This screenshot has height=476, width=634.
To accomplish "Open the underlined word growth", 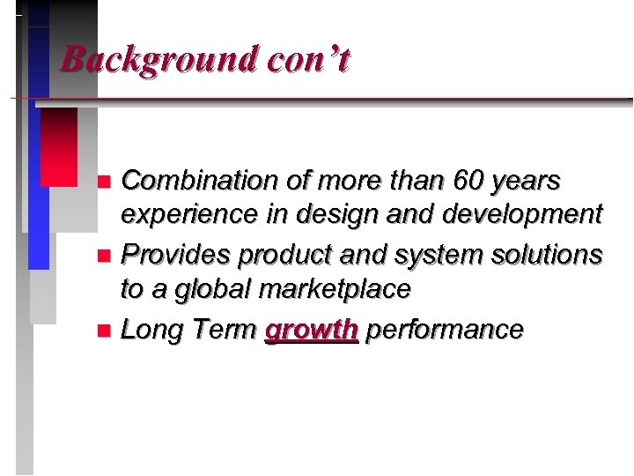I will pyautogui.click(x=312, y=330).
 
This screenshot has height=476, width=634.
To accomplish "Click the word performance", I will pyautogui.click(x=445, y=330).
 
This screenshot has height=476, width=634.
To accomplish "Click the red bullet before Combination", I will pyautogui.click(x=103, y=182).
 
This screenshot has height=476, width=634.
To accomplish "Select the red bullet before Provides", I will pyautogui.click(x=103, y=257).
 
